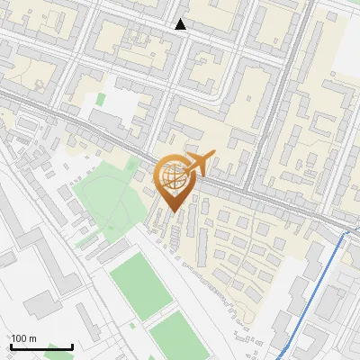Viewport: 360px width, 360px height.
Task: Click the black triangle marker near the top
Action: coord(181,24)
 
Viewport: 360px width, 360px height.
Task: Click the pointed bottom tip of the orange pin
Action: coord(174,212)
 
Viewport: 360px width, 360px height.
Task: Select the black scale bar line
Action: coord(41,346)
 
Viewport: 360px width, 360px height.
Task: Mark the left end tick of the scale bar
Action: coord(11,346)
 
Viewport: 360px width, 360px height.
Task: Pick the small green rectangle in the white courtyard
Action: coord(101,98)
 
